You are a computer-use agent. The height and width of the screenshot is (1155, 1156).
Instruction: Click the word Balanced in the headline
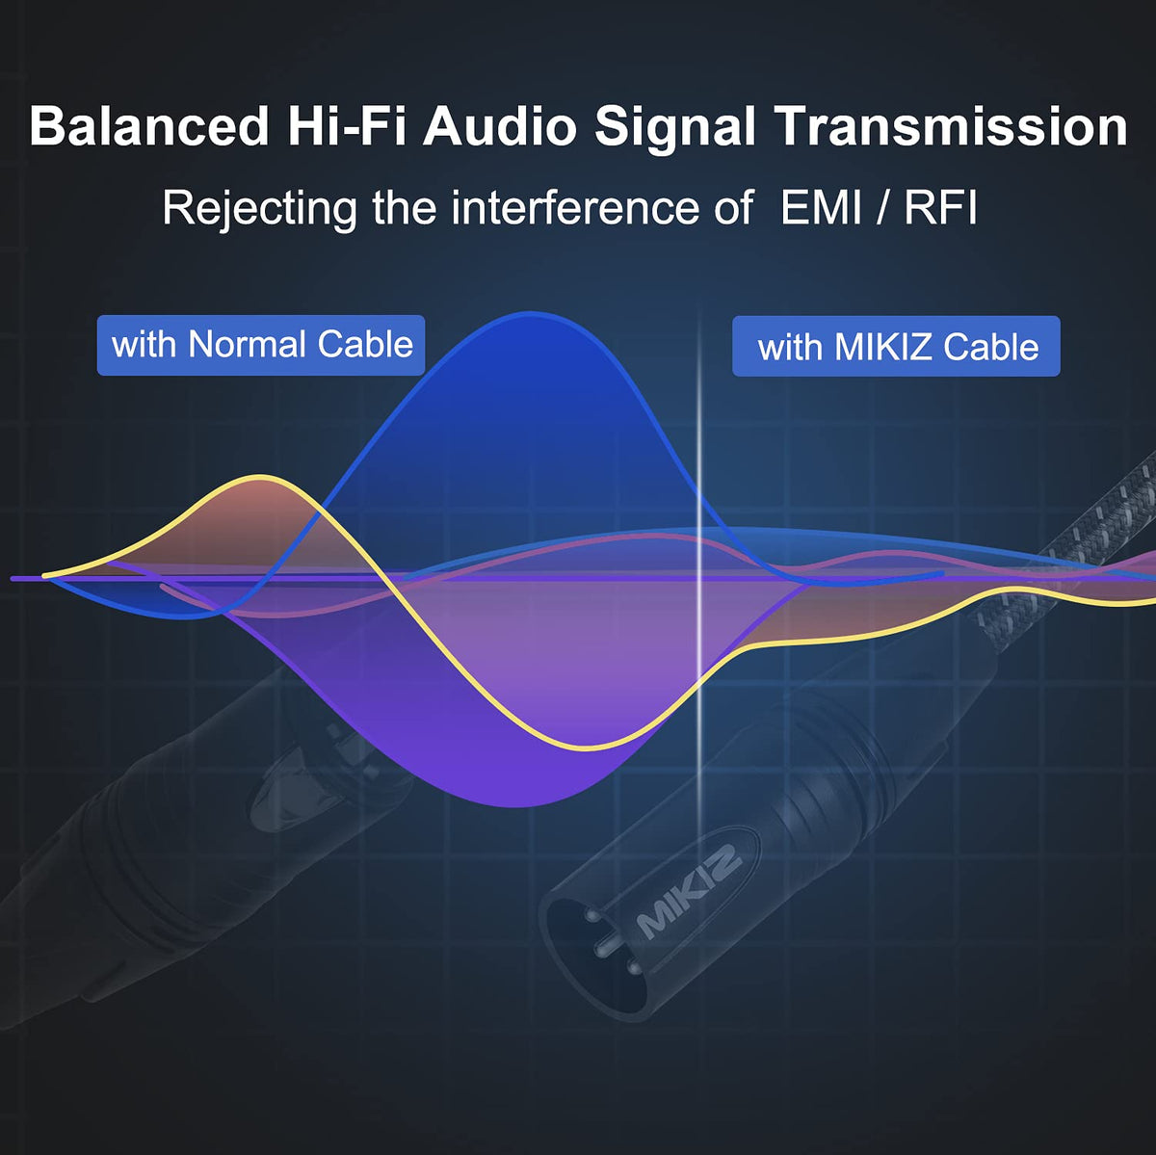coord(149,126)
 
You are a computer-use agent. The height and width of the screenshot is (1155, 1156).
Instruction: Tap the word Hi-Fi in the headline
coord(347,126)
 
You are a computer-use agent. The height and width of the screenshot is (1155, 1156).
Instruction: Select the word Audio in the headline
coord(500,126)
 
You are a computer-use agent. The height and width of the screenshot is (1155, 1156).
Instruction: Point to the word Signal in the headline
coord(675,129)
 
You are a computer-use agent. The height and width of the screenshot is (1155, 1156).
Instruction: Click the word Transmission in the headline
coord(950,126)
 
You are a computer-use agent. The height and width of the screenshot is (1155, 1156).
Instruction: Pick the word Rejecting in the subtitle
coord(260,210)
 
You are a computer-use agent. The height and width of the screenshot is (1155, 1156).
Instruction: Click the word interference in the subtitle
coord(575,208)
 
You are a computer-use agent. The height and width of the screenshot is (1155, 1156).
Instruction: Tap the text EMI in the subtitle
coord(821,208)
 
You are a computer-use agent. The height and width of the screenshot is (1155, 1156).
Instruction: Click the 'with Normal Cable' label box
coord(261,345)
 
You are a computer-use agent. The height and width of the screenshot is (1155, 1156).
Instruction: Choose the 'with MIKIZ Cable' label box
coord(896,346)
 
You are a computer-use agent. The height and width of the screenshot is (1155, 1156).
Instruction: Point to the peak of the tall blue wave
coord(529,313)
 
